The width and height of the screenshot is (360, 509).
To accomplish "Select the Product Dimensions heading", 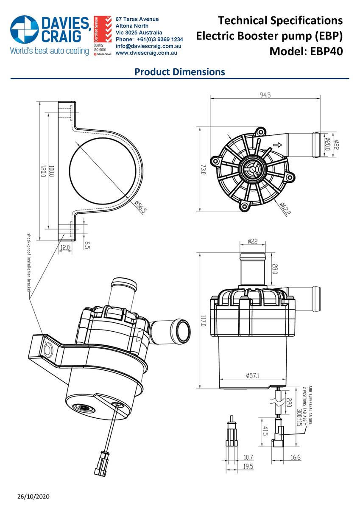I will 179,72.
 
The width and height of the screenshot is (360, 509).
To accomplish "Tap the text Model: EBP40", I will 306,51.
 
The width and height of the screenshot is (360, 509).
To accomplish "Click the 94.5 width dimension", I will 265,95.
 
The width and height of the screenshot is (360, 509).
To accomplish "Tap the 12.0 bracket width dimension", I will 65,247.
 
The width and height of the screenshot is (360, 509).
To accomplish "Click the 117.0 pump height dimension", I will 202,321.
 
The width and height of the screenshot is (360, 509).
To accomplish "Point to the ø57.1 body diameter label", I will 253,375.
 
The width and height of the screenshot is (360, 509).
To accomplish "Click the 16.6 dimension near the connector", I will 296,457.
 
